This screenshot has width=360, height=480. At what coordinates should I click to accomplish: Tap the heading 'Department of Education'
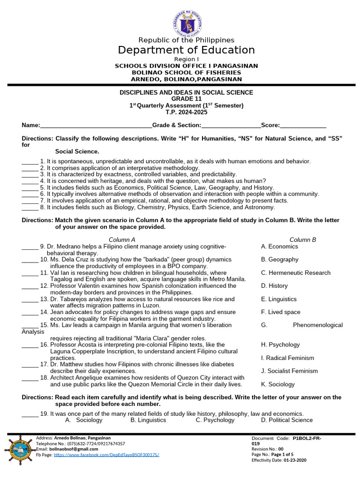pyautogui.click(x=186, y=50)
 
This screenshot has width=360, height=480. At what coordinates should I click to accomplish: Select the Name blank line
pyautogui.click(x=96, y=126)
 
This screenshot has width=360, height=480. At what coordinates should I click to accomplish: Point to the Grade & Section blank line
pyautogui.click(x=231, y=126)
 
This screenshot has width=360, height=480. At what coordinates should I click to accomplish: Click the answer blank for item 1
pyautogui.click(x=30, y=162)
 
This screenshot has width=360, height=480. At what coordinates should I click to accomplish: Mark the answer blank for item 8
pyautogui.click(x=30, y=208)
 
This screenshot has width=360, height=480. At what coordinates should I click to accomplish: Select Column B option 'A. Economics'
pyautogui.click(x=279, y=247)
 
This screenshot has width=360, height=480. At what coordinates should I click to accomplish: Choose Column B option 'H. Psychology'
pyautogui.click(x=280, y=345)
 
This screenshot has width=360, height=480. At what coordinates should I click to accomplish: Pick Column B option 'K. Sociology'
pyautogui.click(x=278, y=384)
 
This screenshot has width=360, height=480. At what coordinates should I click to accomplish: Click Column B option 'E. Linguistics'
pyautogui.click(x=279, y=299)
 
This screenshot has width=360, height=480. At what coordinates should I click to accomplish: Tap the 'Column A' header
pyautogui.click(x=122, y=240)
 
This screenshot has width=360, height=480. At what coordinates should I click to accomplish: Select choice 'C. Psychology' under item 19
pyautogui.click(x=215, y=420)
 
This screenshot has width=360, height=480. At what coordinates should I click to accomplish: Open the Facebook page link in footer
pyautogui.click(x=106, y=455)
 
